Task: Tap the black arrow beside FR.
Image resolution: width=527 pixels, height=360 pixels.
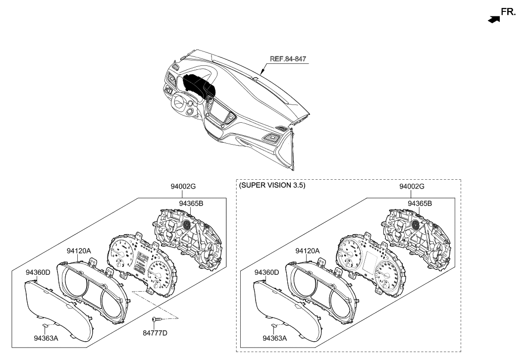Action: [x=493, y=19]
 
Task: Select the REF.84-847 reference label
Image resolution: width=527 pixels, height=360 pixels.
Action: [x=288, y=58]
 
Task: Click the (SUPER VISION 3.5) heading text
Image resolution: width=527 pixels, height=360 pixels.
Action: [x=272, y=186]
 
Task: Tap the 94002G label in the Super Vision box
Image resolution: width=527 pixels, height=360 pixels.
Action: [x=412, y=186]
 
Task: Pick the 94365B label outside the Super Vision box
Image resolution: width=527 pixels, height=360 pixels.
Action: [x=191, y=203]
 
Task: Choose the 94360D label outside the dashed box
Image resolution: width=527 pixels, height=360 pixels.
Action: [x=38, y=272]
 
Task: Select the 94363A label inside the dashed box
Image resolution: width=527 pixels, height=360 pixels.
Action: [x=273, y=338]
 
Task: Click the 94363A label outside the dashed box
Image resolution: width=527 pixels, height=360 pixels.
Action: [x=46, y=338]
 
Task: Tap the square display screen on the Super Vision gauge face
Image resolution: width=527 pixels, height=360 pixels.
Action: [x=370, y=261]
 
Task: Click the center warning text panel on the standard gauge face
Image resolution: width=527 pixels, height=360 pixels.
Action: [x=142, y=261]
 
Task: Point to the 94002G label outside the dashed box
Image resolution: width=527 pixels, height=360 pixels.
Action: [x=183, y=186]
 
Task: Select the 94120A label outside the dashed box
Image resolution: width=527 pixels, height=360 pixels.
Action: [x=79, y=251]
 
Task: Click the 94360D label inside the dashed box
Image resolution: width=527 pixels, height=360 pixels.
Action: [x=266, y=272]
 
